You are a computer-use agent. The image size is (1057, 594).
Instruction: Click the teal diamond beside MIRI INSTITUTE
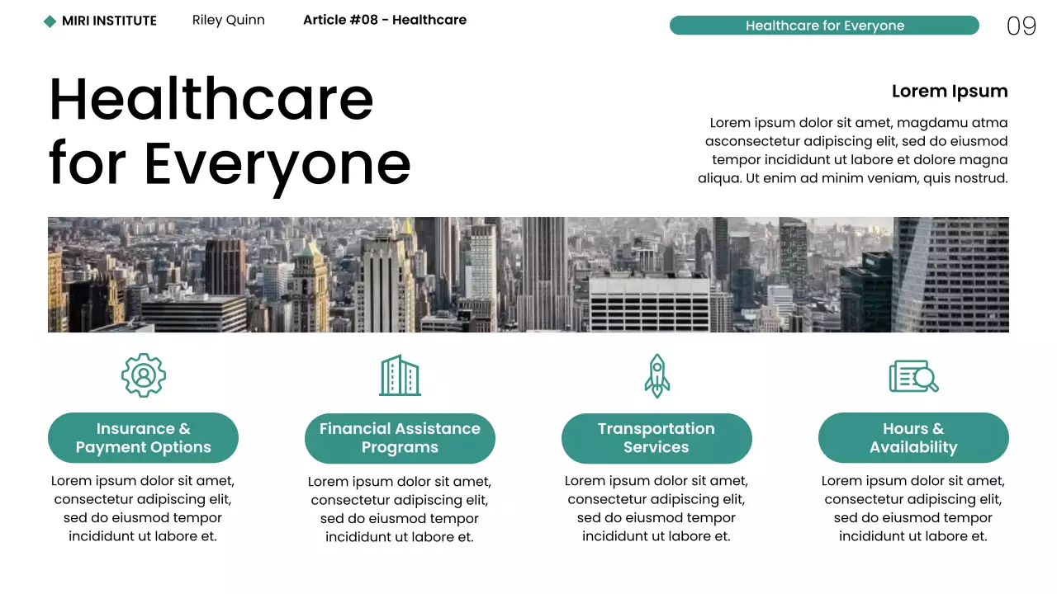[50, 21]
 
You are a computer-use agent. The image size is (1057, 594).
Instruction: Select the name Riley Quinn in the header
[228, 20]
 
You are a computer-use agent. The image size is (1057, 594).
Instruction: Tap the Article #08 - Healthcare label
[384, 20]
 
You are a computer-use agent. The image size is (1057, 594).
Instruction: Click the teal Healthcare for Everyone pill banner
[823, 26]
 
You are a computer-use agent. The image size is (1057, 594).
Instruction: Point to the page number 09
[1021, 26]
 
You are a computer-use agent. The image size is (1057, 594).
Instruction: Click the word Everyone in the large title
[277, 163]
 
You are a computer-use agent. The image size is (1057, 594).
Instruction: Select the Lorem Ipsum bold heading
[949, 92]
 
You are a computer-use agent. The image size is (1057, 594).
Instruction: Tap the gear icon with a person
[144, 375]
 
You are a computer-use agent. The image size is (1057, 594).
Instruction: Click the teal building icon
[400, 375]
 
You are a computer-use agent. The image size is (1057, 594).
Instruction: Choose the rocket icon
[656, 375]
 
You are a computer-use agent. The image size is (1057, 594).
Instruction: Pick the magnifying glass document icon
[913, 376]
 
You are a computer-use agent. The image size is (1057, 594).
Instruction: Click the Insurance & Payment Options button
[143, 438]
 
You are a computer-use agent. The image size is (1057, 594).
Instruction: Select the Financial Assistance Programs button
[400, 438]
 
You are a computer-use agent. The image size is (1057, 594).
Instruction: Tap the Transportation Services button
[656, 438]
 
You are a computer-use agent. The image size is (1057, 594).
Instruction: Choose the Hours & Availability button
[913, 438]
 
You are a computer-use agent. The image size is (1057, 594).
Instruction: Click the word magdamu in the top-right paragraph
[932, 123]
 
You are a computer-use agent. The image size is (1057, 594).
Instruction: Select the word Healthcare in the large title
[211, 99]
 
